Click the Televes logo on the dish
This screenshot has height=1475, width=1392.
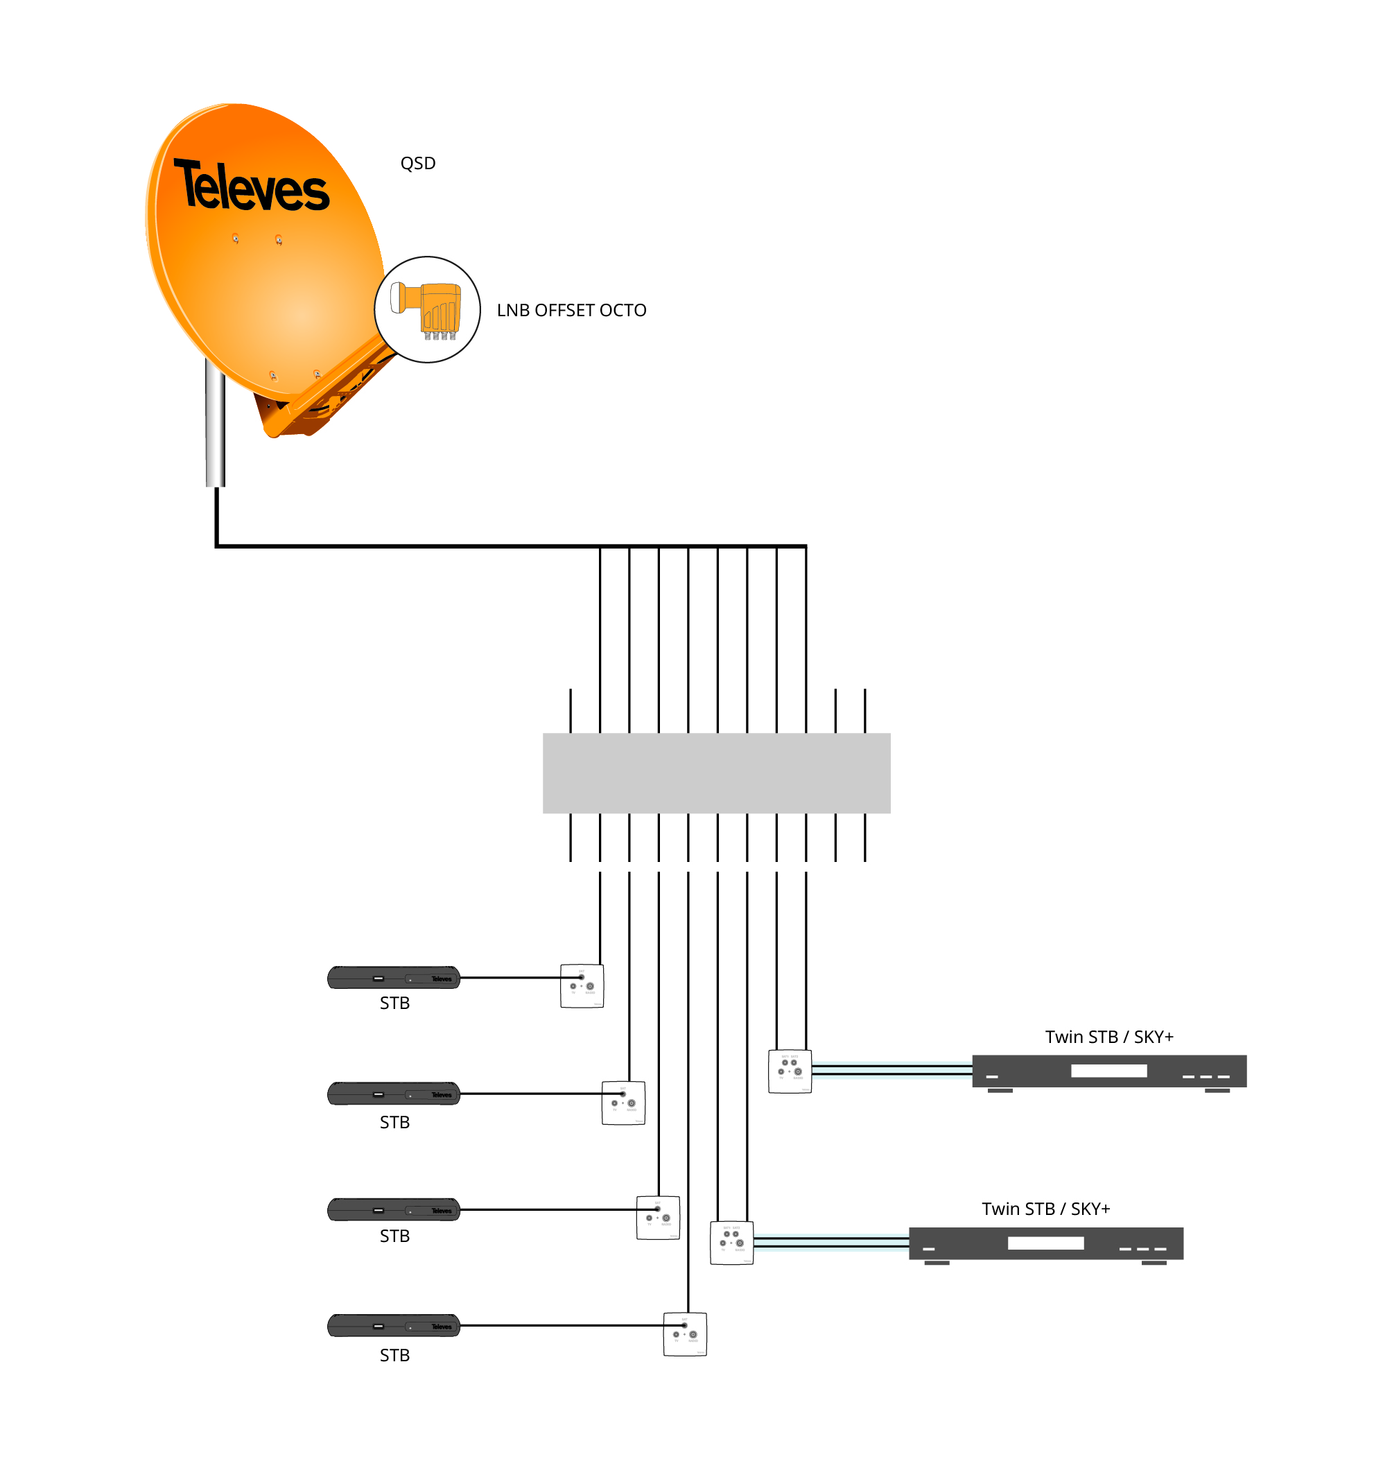[251, 187]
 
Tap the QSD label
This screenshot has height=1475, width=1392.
[418, 164]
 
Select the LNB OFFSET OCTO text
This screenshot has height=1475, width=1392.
[571, 310]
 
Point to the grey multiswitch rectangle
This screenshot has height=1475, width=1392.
[716, 773]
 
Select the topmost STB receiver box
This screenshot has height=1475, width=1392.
[393, 978]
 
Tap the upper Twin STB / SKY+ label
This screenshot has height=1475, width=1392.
[1108, 1037]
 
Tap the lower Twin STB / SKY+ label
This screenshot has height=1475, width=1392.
[1045, 1209]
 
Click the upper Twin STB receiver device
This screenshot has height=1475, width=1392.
[1108, 1071]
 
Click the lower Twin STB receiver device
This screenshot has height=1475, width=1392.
[1045, 1243]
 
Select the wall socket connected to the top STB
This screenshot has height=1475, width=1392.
[582, 986]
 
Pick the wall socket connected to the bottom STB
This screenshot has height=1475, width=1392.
[684, 1334]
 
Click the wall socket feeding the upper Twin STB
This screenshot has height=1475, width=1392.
[790, 1071]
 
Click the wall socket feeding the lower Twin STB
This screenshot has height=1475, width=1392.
[731, 1243]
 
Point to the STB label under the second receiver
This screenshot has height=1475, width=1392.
[394, 1123]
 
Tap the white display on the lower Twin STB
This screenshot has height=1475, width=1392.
[1045, 1243]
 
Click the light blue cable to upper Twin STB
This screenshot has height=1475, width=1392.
[890, 1071]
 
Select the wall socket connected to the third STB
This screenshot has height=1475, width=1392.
[657, 1218]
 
